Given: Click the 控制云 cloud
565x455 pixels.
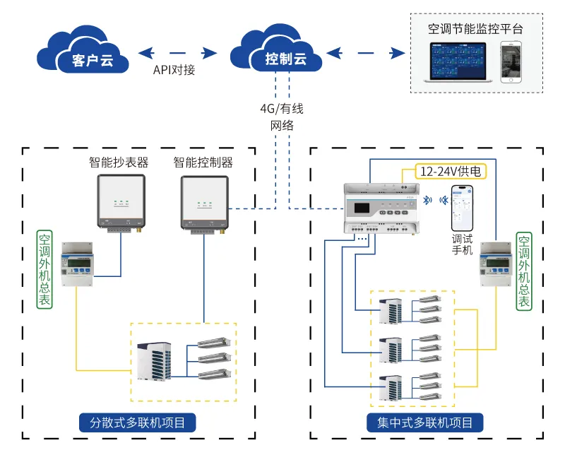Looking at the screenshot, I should (x=278, y=53).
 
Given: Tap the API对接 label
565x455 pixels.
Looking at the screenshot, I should (x=174, y=71).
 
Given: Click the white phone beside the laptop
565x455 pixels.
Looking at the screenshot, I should (x=513, y=62).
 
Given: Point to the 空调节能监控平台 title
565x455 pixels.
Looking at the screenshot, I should (x=475, y=29).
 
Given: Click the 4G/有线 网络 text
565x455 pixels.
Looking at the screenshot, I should (x=281, y=117).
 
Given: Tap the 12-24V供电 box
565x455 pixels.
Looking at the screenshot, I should (x=446, y=171).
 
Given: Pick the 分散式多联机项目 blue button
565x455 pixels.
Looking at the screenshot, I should (x=138, y=423).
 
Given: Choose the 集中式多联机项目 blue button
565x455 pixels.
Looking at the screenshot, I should (x=426, y=423).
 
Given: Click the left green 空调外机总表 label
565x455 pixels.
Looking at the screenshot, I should (x=44, y=268).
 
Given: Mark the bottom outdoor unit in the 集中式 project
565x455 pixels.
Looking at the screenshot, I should (x=391, y=388).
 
